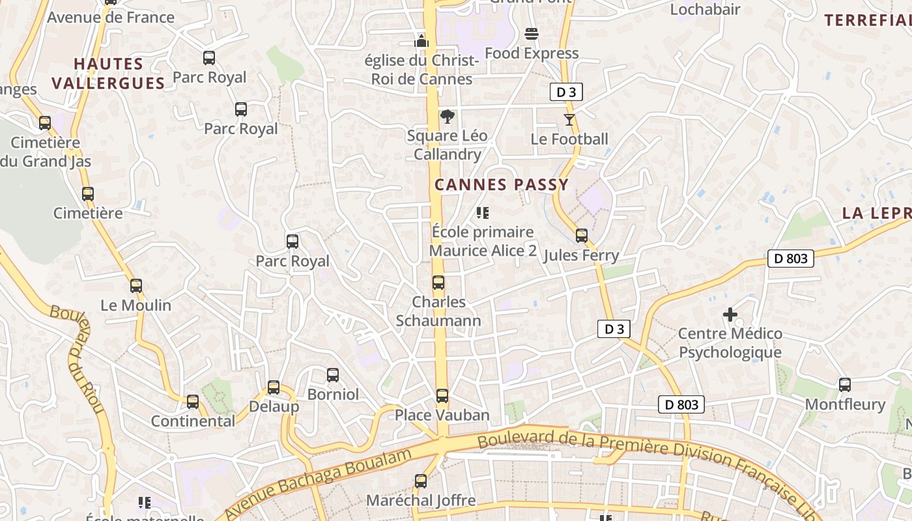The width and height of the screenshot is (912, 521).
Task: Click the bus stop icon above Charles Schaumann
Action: coord(438,283)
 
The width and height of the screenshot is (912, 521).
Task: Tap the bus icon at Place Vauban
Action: coord(442,395)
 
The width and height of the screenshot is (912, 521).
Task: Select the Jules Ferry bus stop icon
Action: coord(582,235)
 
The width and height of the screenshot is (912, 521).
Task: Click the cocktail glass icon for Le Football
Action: coord(569,119)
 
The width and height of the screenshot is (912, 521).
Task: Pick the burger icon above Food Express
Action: coord(532,33)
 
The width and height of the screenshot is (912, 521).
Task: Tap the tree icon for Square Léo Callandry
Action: coord(447,117)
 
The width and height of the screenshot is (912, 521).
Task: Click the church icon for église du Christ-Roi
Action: coord(421,41)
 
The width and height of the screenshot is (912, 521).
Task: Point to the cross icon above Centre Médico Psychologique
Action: coord(730,315)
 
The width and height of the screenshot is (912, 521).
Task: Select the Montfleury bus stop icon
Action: coord(845,384)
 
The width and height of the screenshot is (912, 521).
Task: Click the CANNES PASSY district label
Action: coord(502,185)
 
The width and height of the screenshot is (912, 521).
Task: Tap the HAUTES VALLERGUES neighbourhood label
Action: coord(108,74)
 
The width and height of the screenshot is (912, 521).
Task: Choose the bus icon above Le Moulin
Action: coord(135,285)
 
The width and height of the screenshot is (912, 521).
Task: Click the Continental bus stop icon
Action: coord(193,401)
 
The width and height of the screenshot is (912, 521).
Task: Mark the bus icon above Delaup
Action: coord(274,387)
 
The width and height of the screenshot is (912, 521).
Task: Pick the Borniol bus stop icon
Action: coord(333,374)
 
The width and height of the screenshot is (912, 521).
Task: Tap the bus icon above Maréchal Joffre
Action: coord(421,481)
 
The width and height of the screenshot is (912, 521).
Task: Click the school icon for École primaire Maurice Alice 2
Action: coord(483,212)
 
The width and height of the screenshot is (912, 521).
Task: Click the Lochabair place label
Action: coord(705,9)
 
